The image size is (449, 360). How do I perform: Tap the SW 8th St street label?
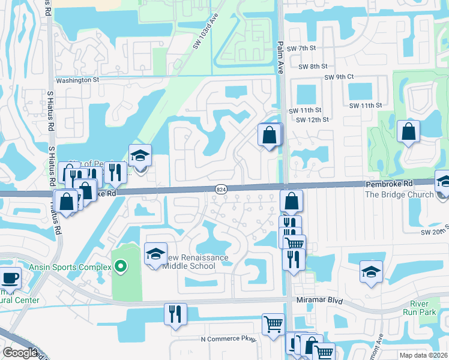click(312, 67)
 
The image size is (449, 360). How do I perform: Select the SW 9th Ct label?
click(339, 77)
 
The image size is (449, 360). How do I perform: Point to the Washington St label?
click(77, 80)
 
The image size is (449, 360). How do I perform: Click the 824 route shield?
click(221, 189)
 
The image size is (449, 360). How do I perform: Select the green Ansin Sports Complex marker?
click(120, 266)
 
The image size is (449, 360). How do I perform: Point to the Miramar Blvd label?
click(318, 299)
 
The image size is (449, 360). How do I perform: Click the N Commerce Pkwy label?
click(228, 340)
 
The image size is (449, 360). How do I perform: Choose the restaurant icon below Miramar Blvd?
click(175, 314)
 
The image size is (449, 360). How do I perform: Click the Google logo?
click(20, 353)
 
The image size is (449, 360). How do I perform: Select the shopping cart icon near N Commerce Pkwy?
click(273, 324)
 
